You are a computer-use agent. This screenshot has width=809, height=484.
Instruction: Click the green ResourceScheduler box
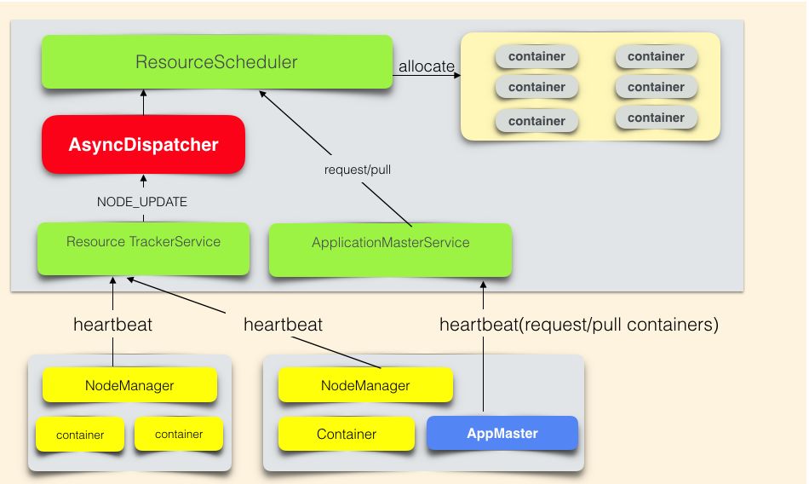pyautogui.click(x=217, y=62)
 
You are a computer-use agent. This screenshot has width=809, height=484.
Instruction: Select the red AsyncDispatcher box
pyautogui.click(x=143, y=145)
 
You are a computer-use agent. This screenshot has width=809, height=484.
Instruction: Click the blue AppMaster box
pyautogui.click(x=502, y=434)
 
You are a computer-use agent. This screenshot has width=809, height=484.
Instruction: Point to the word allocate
pyautogui.click(x=427, y=66)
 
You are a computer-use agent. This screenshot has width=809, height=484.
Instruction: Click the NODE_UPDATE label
pyautogui.click(x=143, y=203)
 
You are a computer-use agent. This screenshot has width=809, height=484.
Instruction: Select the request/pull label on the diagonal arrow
pyautogui.click(x=358, y=170)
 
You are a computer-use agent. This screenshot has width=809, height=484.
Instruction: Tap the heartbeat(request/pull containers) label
pyautogui.click(x=579, y=325)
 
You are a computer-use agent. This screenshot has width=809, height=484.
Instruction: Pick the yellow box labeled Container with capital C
pyautogui.click(x=347, y=434)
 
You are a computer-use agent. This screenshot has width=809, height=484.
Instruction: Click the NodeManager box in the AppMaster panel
pyautogui.click(x=365, y=386)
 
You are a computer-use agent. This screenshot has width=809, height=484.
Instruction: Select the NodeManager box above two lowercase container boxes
pyautogui.click(x=129, y=386)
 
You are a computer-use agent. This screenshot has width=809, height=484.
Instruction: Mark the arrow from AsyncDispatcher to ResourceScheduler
pyautogui.click(x=143, y=102)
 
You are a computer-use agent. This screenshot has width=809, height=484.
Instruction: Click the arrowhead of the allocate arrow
pyautogui.click(x=456, y=74)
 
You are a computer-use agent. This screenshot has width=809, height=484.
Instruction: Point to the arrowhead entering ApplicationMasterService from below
pyautogui.click(x=483, y=285)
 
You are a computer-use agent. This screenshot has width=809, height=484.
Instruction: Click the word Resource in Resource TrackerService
pyautogui.click(x=95, y=241)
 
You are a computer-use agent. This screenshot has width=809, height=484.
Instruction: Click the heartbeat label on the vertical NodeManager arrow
pyautogui.click(x=113, y=325)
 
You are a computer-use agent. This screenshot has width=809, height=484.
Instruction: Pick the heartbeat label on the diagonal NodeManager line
pyautogui.click(x=283, y=325)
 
